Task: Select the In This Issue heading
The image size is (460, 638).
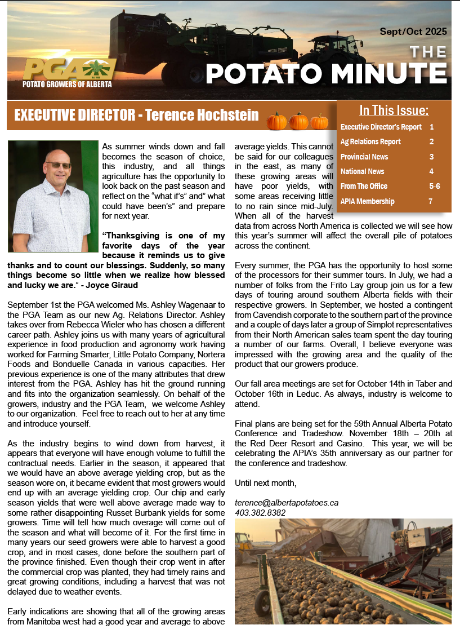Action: (394, 110)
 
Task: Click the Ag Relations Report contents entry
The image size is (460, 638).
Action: (370, 141)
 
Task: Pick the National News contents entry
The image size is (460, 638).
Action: (362, 171)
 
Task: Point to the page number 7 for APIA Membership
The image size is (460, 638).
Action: (431, 201)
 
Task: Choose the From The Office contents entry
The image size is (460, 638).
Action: (364, 186)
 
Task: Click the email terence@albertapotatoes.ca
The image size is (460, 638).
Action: (286, 502)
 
